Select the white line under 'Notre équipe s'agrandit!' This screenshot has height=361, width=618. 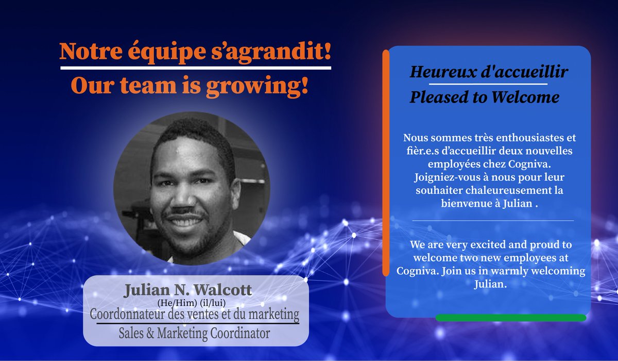[195, 68]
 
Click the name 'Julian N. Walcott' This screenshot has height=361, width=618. [188, 290]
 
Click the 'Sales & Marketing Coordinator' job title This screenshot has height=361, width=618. [196, 333]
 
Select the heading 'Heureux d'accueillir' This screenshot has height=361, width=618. [489, 73]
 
